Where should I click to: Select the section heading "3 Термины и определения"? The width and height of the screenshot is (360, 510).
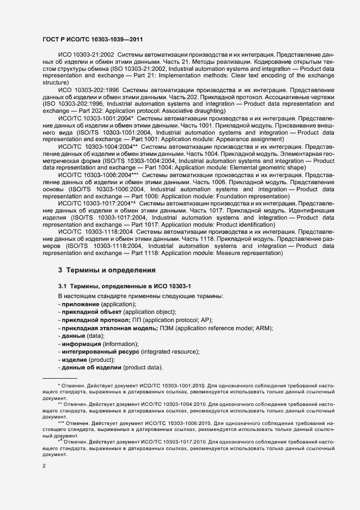[x=107, y=270]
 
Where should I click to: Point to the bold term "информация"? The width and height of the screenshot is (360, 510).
[x=81, y=344]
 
